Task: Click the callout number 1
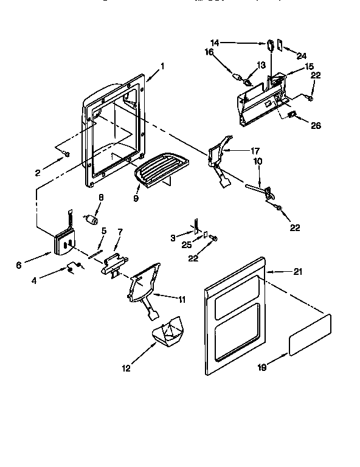tap(162, 65)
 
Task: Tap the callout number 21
tap(297, 272)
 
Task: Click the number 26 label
tap(315, 126)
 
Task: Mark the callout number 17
tap(255, 150)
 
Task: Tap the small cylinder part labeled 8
tap(94, 219)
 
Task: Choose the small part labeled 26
tap(291, 114)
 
